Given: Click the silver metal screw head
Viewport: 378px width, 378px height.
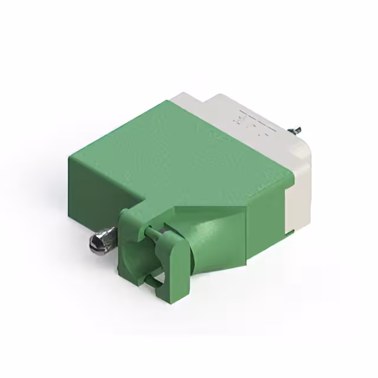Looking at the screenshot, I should pyautogui.click(x=97, y=241).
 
